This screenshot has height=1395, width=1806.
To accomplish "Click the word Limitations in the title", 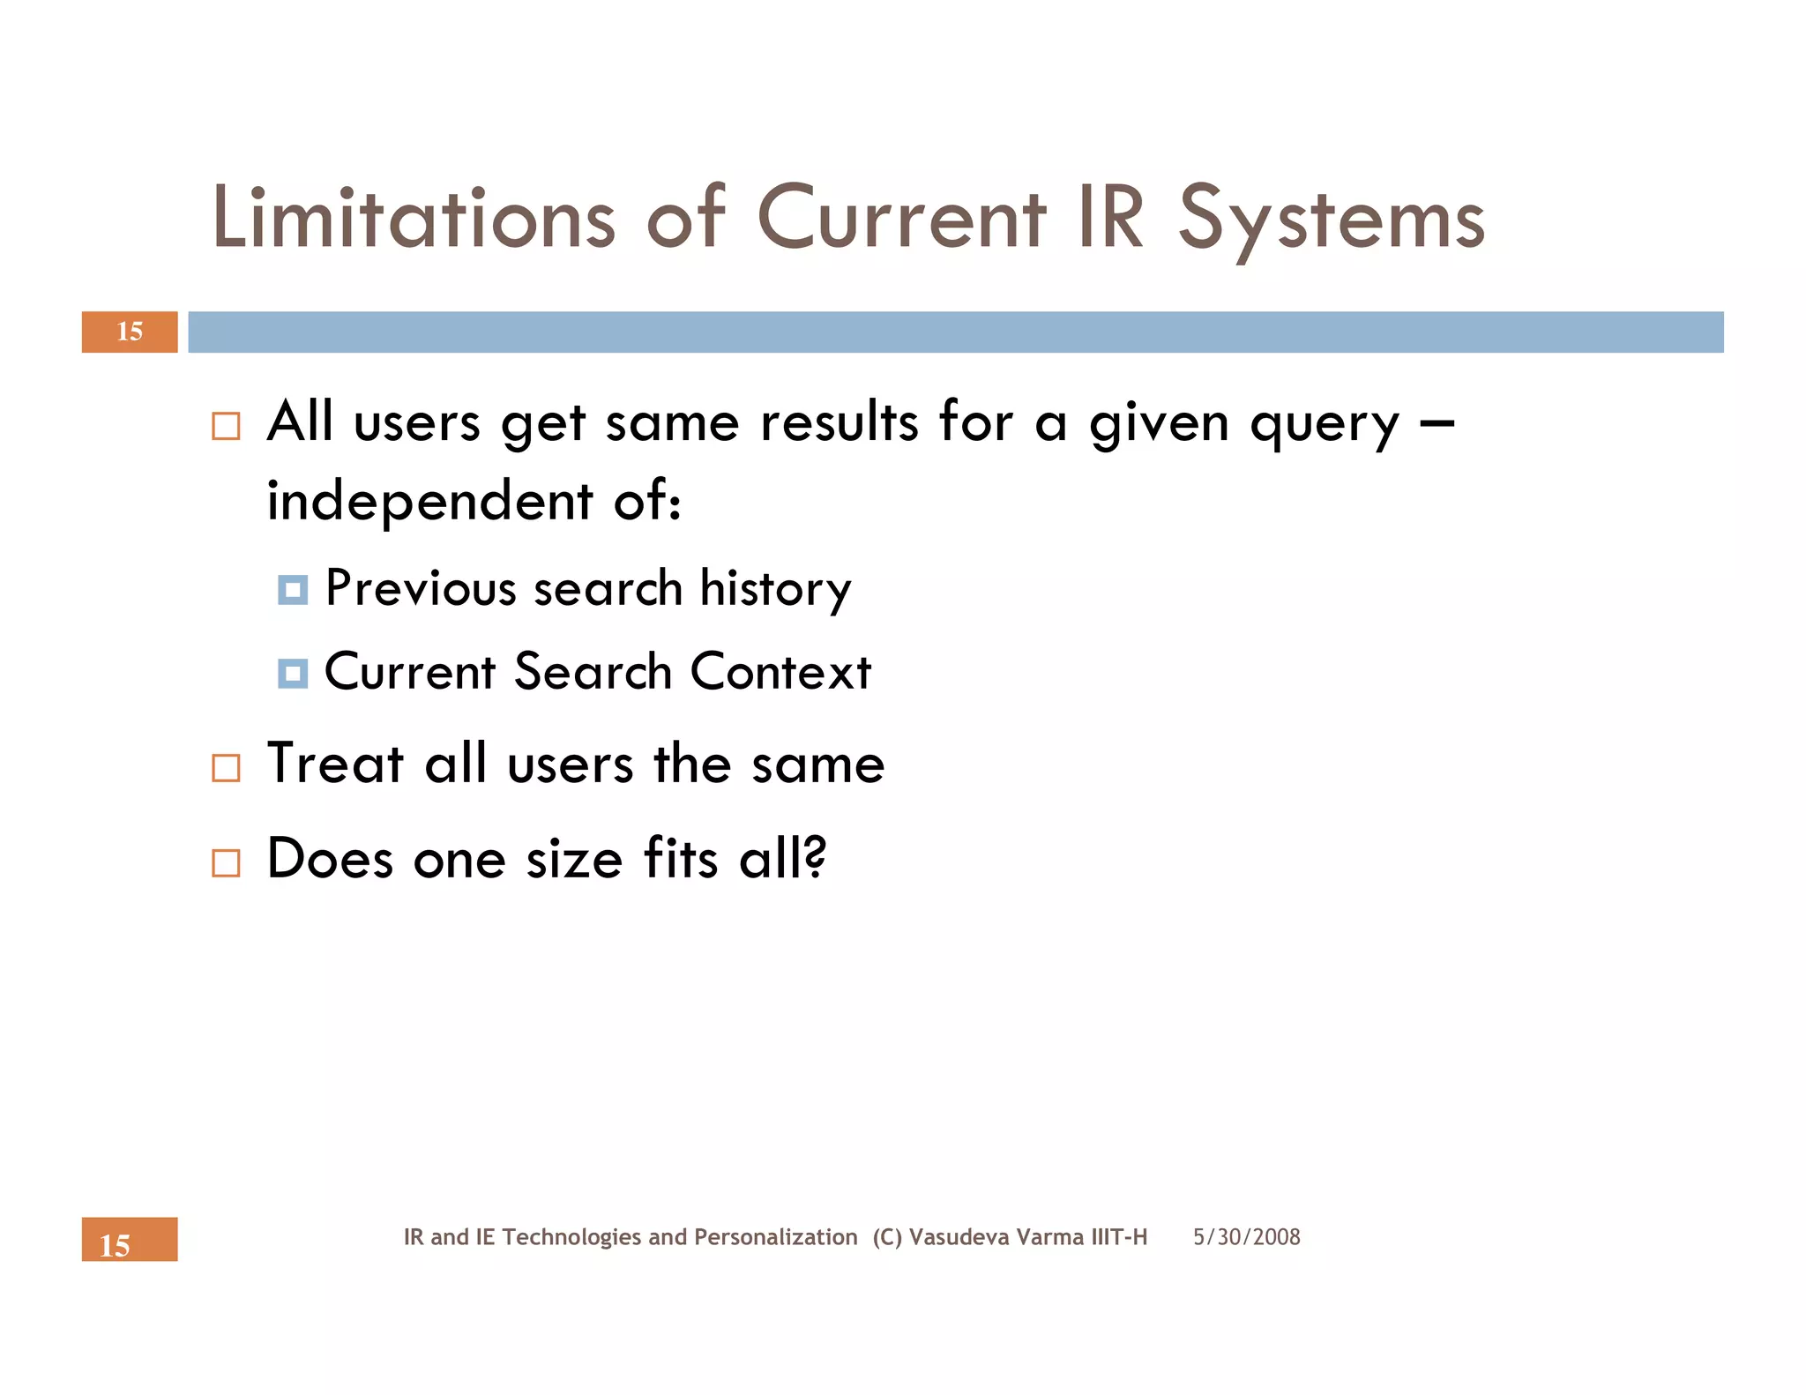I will click(414, 218).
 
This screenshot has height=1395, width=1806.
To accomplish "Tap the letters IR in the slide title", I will click(1110, 218).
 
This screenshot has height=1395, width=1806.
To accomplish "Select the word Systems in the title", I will click(1332, 220).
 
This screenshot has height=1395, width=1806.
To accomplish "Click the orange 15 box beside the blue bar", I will click(130, 332).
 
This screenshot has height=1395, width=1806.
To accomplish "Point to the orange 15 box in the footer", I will click(130, 1240).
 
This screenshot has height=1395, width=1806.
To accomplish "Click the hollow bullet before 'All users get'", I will click(226, 427).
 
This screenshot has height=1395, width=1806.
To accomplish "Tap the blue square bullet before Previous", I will click(293, 589).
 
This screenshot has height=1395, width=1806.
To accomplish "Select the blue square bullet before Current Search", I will click(293, 674).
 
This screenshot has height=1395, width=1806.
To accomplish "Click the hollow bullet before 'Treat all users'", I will click(226, 768).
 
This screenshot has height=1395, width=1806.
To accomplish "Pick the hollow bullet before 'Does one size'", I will click(226, 862).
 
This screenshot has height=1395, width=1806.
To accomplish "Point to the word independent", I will click(429, 501).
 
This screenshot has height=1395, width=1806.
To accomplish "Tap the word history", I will click(775, 589).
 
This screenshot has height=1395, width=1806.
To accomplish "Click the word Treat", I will click(335, 763).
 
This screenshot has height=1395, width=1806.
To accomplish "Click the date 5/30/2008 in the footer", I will click(1246, 1237).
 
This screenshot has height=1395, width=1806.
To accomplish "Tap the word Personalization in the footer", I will click(775, 1237).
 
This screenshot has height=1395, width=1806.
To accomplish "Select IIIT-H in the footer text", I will click(1118, 1237).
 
